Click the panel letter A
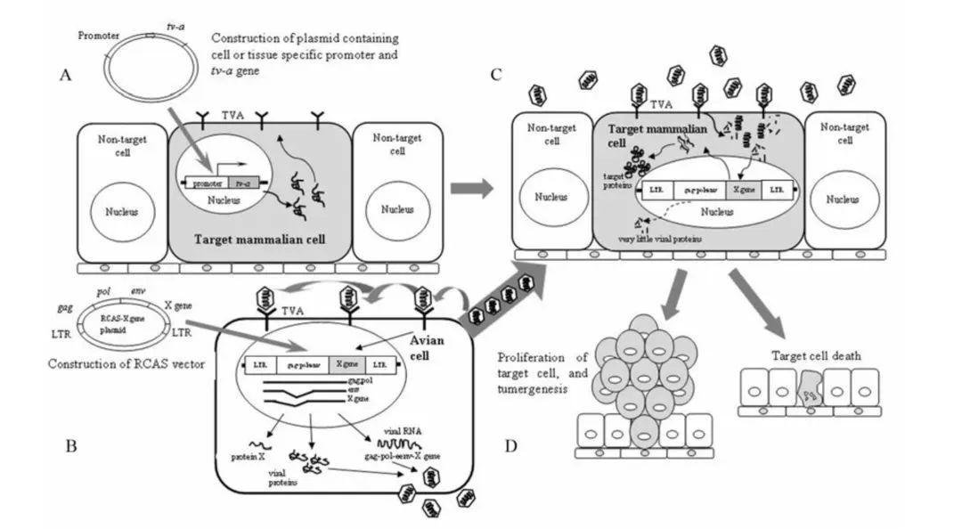click(x=64, y=76)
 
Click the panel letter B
click(x=71, y=445)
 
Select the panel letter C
click(x=496, y=76)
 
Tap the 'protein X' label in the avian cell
click(x=248, y=456)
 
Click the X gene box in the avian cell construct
click(x=344, y=365)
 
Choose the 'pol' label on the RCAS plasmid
click(x=103, y=291)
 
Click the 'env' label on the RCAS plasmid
click(x=140, y=291)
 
